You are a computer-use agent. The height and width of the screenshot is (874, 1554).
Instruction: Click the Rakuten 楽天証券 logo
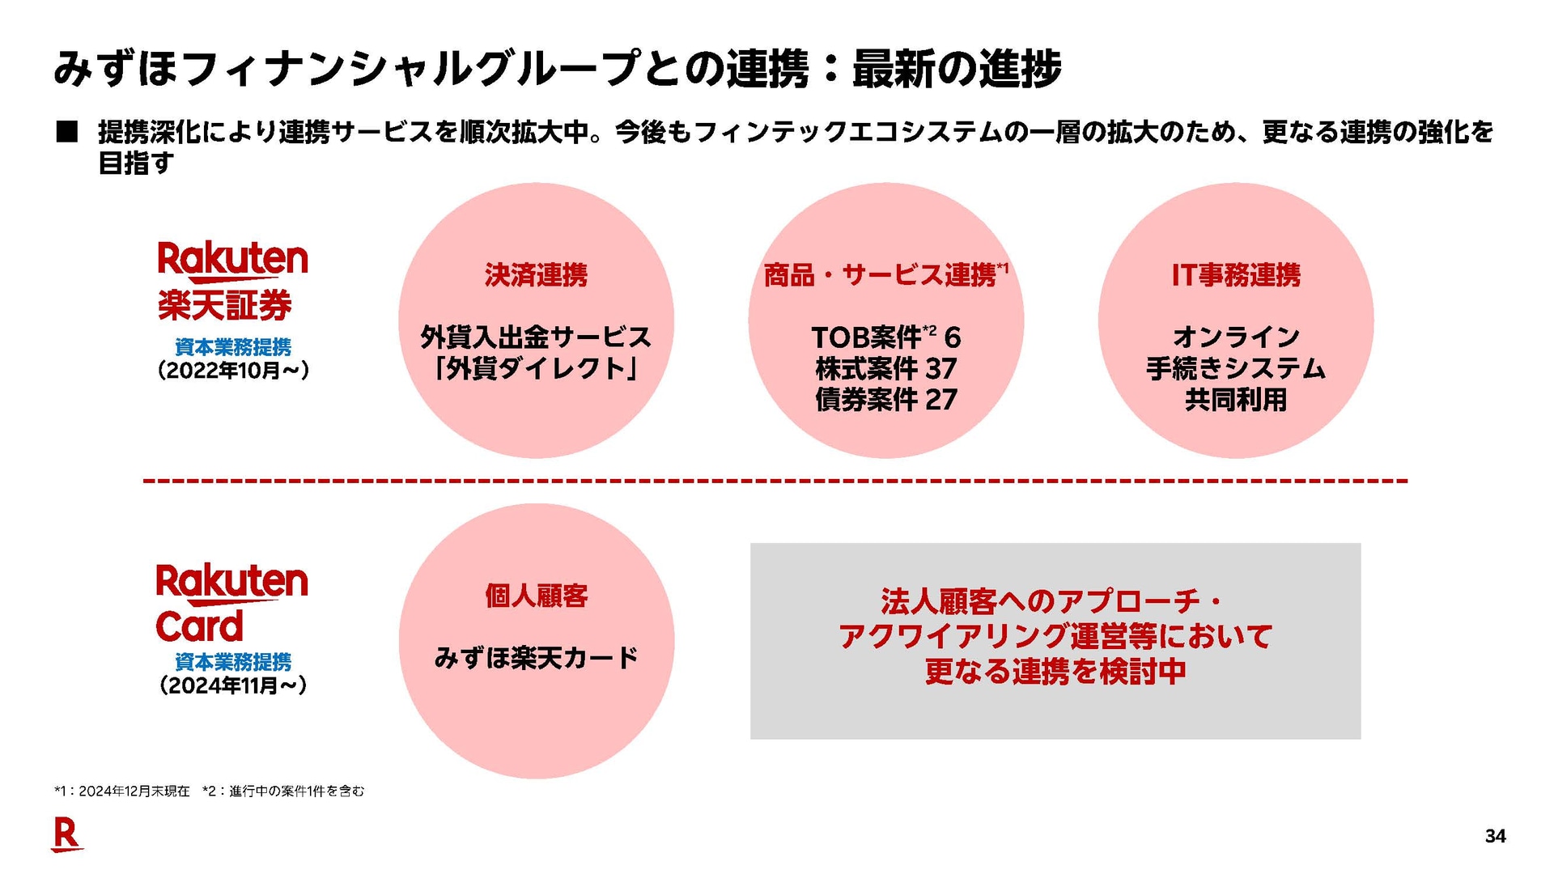(232, 281)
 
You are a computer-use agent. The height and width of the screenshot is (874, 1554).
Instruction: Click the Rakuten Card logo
(231, 603)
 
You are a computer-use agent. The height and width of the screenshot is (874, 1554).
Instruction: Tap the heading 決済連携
(536, 275)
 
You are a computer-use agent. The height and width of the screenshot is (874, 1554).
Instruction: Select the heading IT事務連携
(1236, 275)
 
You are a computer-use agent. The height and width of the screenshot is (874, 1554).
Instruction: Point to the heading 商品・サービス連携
(880, 275)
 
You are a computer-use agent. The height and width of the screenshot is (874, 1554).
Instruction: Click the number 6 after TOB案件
(953, 337)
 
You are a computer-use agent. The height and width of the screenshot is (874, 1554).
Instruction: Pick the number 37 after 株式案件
(941, 369)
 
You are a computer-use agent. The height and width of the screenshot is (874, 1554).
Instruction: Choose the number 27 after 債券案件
(941, 400)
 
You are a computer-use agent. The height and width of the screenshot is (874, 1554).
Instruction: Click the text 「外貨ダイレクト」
(536, 369)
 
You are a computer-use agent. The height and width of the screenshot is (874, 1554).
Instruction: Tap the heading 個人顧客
(536, 596)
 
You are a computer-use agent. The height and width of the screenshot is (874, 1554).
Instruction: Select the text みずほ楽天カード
(536, 658)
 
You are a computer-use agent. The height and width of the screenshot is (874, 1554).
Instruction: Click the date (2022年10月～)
(233, 371)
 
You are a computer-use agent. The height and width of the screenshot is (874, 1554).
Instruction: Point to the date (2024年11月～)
(233, 685)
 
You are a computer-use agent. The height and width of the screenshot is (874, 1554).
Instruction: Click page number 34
(1496, 836)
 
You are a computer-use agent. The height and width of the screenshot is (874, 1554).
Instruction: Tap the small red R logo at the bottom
(66, 835)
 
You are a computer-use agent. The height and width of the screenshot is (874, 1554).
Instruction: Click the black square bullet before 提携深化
(66, 132)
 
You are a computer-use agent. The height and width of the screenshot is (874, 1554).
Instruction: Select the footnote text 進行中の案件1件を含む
(296, 791)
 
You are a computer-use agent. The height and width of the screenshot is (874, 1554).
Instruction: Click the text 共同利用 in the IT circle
(1236, 400)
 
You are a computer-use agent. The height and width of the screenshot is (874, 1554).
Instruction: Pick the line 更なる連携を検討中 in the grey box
(1055, 672)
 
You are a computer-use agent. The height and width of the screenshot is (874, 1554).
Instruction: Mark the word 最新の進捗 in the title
(957, 68)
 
